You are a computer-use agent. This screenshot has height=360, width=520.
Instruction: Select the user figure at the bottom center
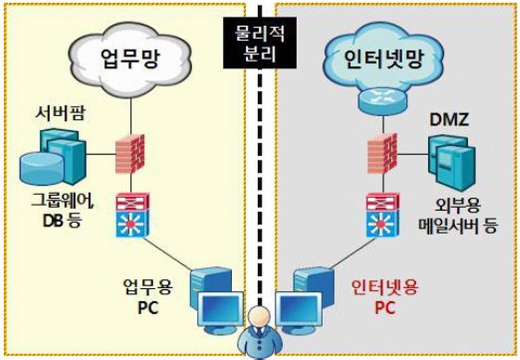[259, 333]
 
